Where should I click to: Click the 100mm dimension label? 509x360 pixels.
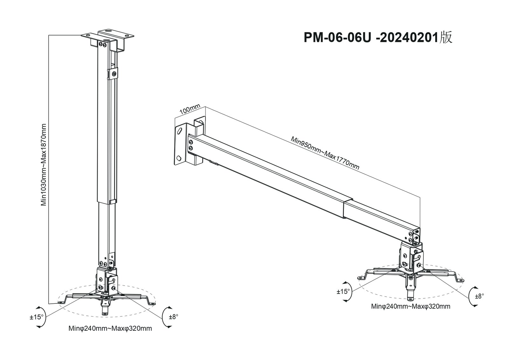point(190,110)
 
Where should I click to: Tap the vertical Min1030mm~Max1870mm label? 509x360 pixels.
point(44,165)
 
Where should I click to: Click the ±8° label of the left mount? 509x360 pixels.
point(173,317)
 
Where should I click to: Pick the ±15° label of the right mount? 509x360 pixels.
point(343,291)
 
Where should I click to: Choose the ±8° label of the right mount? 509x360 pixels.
point(479,296)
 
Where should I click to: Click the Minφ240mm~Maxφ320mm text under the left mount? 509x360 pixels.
point(110,329)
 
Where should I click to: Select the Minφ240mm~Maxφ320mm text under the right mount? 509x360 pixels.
point(411,307)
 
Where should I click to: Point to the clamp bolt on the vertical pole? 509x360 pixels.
point(114,74)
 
